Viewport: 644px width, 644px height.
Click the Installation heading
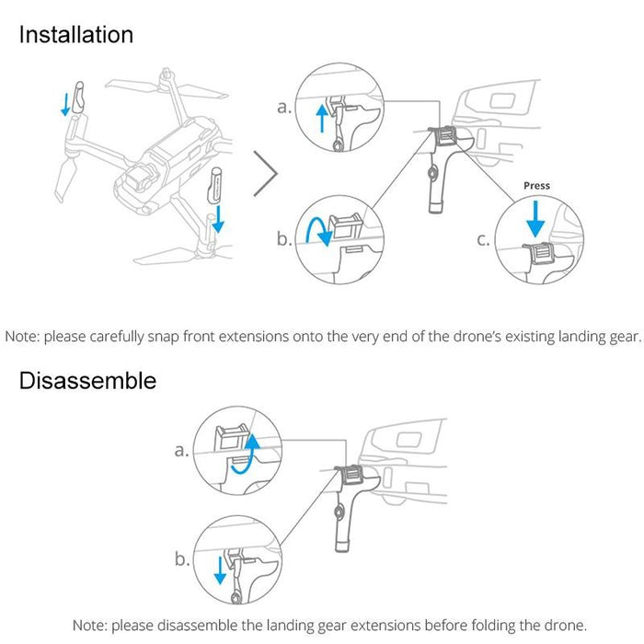[x=76, y=35]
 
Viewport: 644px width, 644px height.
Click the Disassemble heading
[x=87, y=380]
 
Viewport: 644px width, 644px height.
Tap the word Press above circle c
[x=536, y=186]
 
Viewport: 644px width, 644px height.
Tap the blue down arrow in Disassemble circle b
[x=220, y=568]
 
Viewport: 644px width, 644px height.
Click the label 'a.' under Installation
[x=285, y=108]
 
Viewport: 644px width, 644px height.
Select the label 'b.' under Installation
[x=285, y=241]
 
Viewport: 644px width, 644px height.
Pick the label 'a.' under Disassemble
[x=182, y=451]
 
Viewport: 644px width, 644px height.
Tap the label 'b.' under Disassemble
[x=182, y=558]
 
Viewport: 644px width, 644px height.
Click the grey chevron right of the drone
[x=265, y=173]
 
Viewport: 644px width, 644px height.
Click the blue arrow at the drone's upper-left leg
[x=65, y=104]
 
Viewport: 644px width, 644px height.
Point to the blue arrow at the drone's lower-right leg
[x=218, y=218]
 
